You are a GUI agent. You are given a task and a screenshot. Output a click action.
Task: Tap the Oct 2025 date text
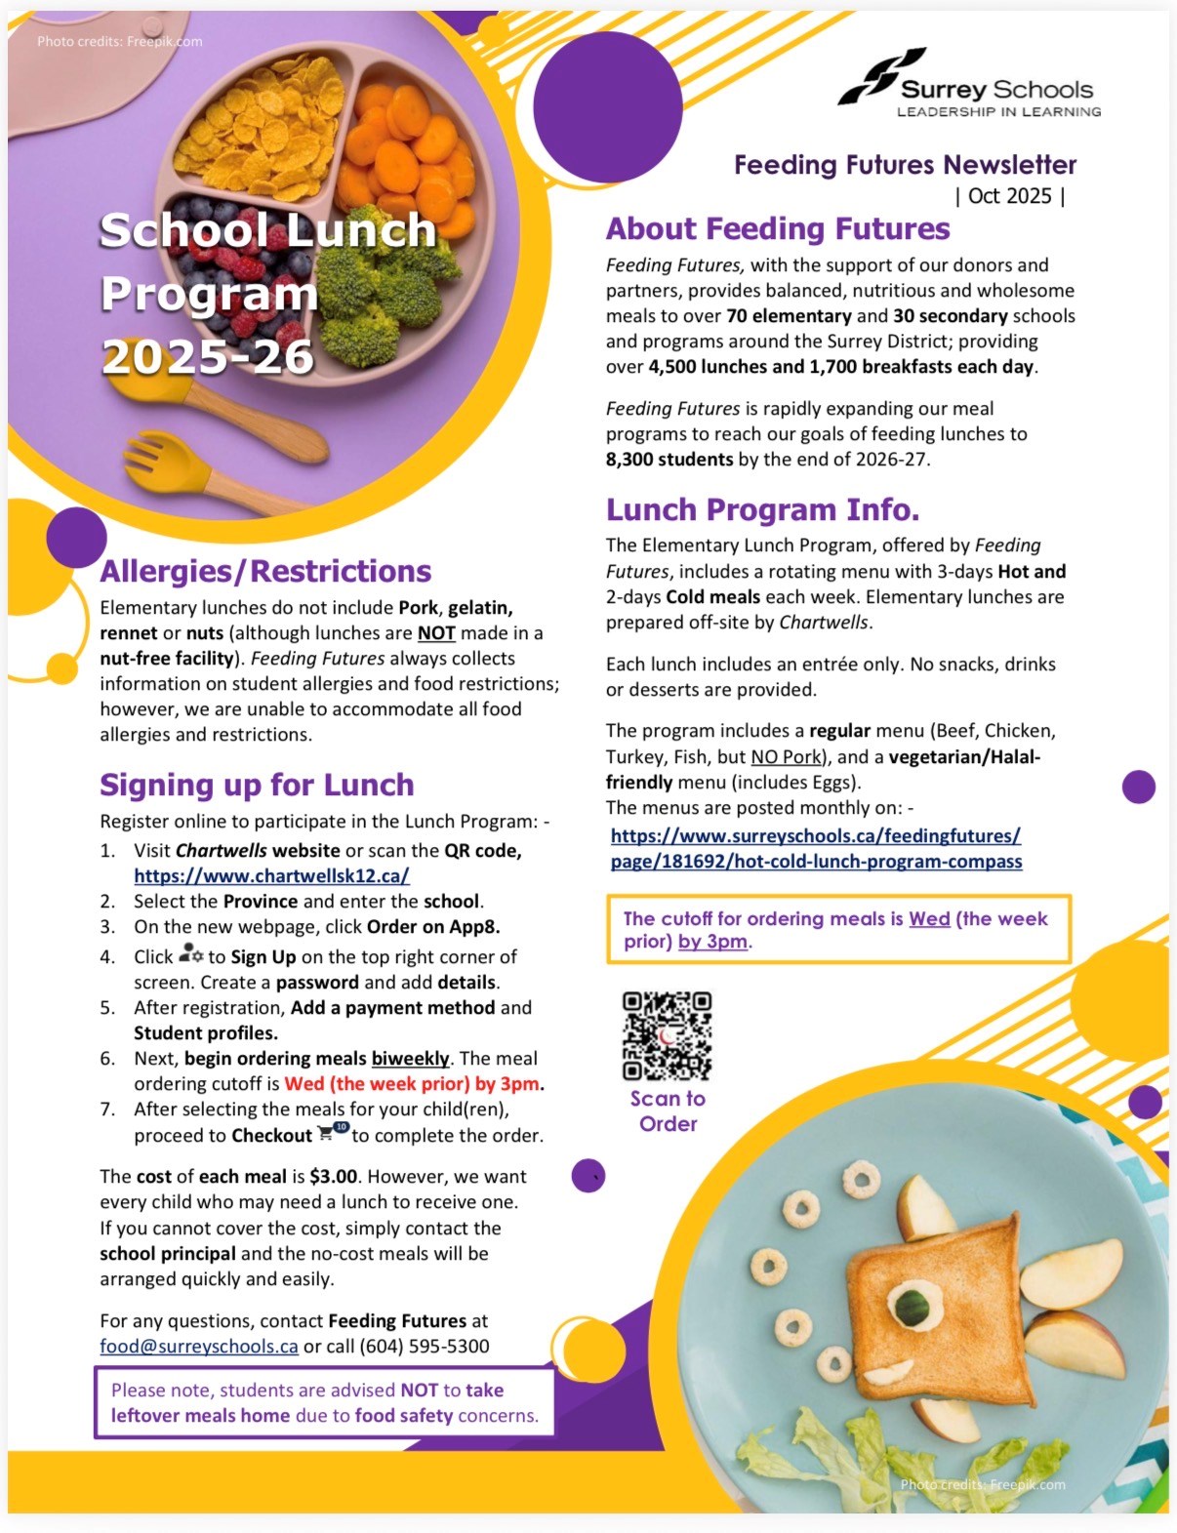[x=1009, y=196]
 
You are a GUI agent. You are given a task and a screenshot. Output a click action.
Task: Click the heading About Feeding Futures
[x=777, y=229]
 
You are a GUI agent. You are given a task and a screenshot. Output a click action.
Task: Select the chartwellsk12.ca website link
[x=271, y=876]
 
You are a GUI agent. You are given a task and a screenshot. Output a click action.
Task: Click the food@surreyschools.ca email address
[x=198, y=1347]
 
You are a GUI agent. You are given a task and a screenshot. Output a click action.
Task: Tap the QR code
[x=667, y=1035]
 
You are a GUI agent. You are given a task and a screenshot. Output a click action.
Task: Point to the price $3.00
[x=333, y=1177]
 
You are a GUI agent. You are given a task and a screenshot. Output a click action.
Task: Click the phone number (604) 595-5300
[x=424, y=1347]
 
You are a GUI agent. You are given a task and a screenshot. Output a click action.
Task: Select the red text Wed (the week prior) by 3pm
[x=412, y=1084]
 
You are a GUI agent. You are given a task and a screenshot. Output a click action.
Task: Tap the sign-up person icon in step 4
[x=190, y=954]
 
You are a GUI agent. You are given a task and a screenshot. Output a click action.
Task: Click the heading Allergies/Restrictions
[x=265, y=572]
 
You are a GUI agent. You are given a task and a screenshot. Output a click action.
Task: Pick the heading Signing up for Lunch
[x=256, y=786]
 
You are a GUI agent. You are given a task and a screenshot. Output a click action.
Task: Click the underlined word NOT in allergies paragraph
[x=436, y=633]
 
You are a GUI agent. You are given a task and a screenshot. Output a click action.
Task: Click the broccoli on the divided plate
[x=381, y=293]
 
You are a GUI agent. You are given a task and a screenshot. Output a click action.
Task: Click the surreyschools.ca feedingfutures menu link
[x=816, y=849]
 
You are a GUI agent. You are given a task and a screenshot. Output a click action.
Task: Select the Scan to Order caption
[x=668, y=1111]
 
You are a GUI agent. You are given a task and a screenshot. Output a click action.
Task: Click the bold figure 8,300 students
[x=669, y=460]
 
